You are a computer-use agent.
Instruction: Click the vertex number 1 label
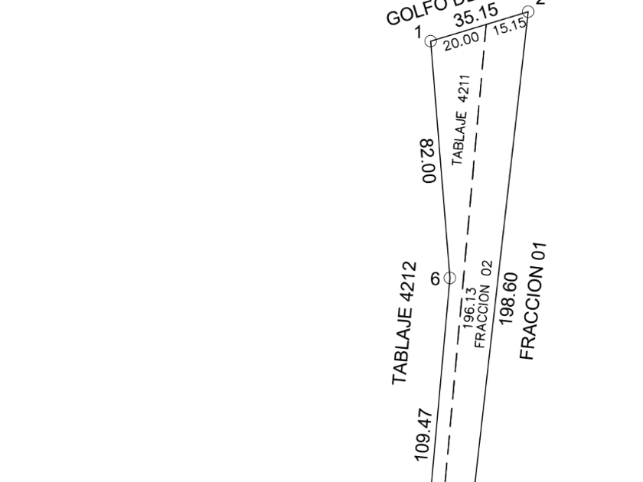tap(418, 32)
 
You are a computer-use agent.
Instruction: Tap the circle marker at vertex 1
tap(431, 41)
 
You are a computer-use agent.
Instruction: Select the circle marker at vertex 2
tap(527, 11)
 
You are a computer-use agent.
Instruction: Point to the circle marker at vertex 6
tap(450, 278)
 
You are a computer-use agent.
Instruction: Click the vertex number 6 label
tap(435, 279)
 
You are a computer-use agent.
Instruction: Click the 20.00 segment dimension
tap(460, 37)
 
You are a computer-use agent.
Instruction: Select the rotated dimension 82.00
tap(429, 161)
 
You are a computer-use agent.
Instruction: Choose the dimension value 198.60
tap(509, 299)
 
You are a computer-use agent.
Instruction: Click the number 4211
tap(464, 89)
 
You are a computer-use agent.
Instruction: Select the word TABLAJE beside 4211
tap(459, 138)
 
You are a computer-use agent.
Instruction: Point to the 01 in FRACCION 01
tap(540, 253)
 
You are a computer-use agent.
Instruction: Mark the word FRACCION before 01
tap(530, 314)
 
